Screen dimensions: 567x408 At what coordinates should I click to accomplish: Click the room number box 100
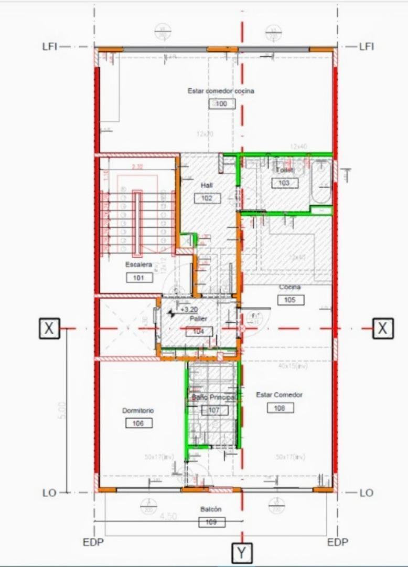(x=222, y=104)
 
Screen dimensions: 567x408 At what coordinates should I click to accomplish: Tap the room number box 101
(x=139, y=278)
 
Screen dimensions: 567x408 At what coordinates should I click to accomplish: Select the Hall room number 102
(x=207, y=198)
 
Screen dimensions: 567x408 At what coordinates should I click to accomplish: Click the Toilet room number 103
(x=285, y=183)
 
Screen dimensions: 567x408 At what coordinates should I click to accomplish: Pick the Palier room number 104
(x=199, y=331)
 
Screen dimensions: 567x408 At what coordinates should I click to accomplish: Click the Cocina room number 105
(x=291, y=300)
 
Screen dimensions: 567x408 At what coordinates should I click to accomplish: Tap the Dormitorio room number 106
(x=138, y=423)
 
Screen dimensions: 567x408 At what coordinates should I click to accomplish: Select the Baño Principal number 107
(x=214, y=410)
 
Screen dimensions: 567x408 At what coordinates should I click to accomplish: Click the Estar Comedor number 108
(x=280, y=408)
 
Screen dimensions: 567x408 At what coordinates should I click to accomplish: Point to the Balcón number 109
(x=212, y=522)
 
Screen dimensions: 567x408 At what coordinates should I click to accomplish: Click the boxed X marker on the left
(x=49, y=329)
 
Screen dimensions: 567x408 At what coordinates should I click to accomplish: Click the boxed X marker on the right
(x=383, y=329)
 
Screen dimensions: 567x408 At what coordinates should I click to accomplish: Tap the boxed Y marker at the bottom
(x=241, y=553)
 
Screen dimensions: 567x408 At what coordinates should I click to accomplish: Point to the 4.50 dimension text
(x=167, y=517)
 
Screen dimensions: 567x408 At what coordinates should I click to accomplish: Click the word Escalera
(x=138, y=265)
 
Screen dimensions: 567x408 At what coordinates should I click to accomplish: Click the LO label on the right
(x=367, y=493)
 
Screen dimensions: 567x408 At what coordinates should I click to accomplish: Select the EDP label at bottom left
(x=94, y=542)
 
